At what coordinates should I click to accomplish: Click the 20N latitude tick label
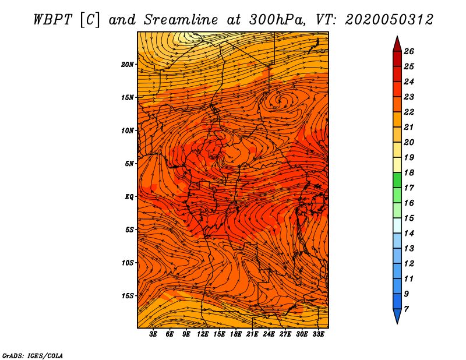tap(128, 65)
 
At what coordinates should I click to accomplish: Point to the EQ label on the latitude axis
tap(129, 197)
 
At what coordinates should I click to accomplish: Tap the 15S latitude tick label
tap(128, 296)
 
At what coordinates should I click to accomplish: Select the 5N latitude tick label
tap(129, 164)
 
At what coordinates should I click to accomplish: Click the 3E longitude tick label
tap(153, 334)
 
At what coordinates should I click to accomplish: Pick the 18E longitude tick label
tap(236, 334)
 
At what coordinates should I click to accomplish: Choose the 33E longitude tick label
tap(318, 334)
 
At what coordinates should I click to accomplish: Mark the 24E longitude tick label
tap(269, 334)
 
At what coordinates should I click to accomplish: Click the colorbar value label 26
tap(409, 51)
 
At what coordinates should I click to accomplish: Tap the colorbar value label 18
tap(409, 172)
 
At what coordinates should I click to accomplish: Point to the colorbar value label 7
tap(406, 309)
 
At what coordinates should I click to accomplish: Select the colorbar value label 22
tap(409, 112)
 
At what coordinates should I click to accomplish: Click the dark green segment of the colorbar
tap(397, 180)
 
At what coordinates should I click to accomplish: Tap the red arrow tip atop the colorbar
tap(397, 37)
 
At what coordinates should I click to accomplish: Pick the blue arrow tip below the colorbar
tap(397, 323)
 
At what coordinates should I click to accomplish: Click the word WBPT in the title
tap(52, 20)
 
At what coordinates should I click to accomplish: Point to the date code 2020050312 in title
tap(389, 20)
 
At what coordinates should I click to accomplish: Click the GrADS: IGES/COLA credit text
tap(33, 355)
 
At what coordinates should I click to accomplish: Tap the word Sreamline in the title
tap(181, 20)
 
